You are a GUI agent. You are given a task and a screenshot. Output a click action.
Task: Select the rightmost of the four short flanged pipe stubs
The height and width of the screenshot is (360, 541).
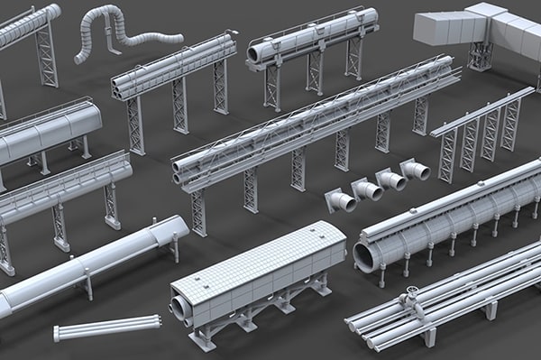click(x=416, y=170)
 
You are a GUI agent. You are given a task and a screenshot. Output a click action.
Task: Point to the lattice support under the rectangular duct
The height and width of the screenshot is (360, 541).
click(x=481, y=56)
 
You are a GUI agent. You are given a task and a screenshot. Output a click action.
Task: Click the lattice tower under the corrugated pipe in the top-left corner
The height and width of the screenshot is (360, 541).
click(x=46, y=54)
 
